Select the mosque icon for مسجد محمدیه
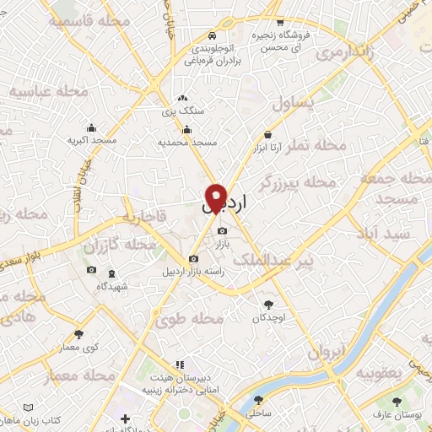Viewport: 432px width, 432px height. (x=186, y=129)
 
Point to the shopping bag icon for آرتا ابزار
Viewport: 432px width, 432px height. (x=267, y=134)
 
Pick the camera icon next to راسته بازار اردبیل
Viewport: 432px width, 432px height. (x=194, y=258)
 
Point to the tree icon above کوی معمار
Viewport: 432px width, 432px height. (x=78, y=334)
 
